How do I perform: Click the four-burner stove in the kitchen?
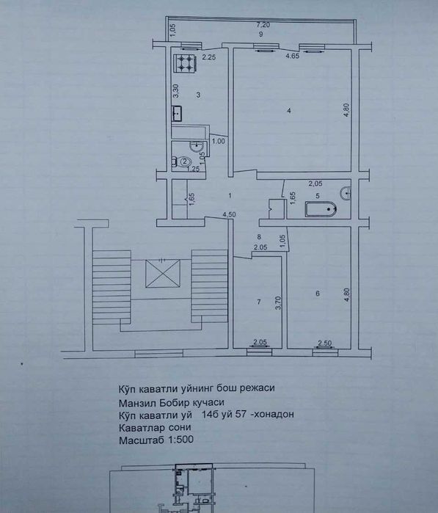186,63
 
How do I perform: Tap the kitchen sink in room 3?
177,114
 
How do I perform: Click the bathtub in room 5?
321,209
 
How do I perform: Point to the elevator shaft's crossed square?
163,274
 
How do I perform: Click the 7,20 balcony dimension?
263,24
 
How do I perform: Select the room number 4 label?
289,111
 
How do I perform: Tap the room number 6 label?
318,294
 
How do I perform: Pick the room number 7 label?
259,302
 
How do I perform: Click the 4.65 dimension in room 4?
293,56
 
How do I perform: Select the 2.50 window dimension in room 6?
325,343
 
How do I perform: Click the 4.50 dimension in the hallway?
229,215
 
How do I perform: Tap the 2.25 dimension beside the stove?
208,57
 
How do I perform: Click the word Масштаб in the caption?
142,440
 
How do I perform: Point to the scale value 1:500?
180,440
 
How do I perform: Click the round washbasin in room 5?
346,193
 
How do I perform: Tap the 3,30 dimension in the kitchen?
176,91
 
